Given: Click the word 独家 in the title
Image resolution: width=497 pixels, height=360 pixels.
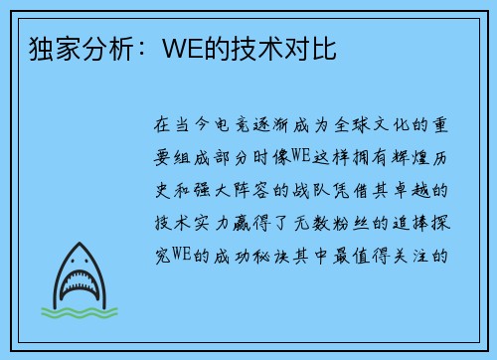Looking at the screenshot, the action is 55,49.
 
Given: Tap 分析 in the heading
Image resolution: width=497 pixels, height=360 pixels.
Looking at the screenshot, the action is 106,49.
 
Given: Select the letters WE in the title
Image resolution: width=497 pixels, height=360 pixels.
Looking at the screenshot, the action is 183,49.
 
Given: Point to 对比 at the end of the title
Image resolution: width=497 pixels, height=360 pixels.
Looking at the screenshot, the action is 310,49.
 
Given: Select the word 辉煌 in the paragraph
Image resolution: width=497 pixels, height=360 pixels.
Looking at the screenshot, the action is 411,157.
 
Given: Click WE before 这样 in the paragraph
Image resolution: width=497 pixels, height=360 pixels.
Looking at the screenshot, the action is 300,156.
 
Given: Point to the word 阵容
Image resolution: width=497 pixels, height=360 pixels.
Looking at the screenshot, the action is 251,190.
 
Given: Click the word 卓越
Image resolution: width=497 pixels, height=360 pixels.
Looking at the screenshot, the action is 411,190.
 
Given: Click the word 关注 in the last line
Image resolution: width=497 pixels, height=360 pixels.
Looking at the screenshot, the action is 411,256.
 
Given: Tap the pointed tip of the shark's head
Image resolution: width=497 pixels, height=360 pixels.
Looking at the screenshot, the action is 80,243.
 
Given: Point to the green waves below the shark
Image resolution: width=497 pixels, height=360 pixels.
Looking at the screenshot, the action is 80,312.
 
